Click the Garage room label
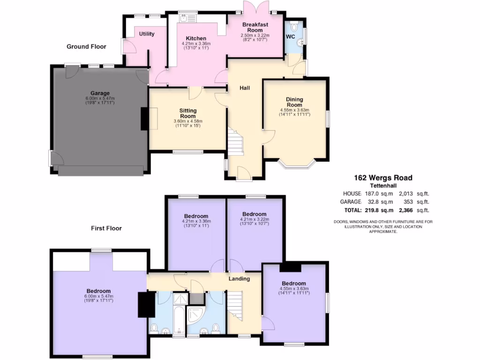(x=100, y=93)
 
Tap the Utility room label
(x=146, y=34)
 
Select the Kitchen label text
(x=196, y=38)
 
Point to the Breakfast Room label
(x=255, y=27)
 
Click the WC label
(x=290, y=36)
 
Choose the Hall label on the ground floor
(x=245, y=88)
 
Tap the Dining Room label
(x=295, y=102)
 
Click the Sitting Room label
(x=188, y=113)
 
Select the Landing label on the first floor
(x=239, y=278)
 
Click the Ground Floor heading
(x=86, y=46)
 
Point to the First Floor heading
(x=106, y=228)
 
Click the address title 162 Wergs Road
(x=383, y=178)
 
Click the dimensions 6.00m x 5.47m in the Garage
(x=100, y=98)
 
